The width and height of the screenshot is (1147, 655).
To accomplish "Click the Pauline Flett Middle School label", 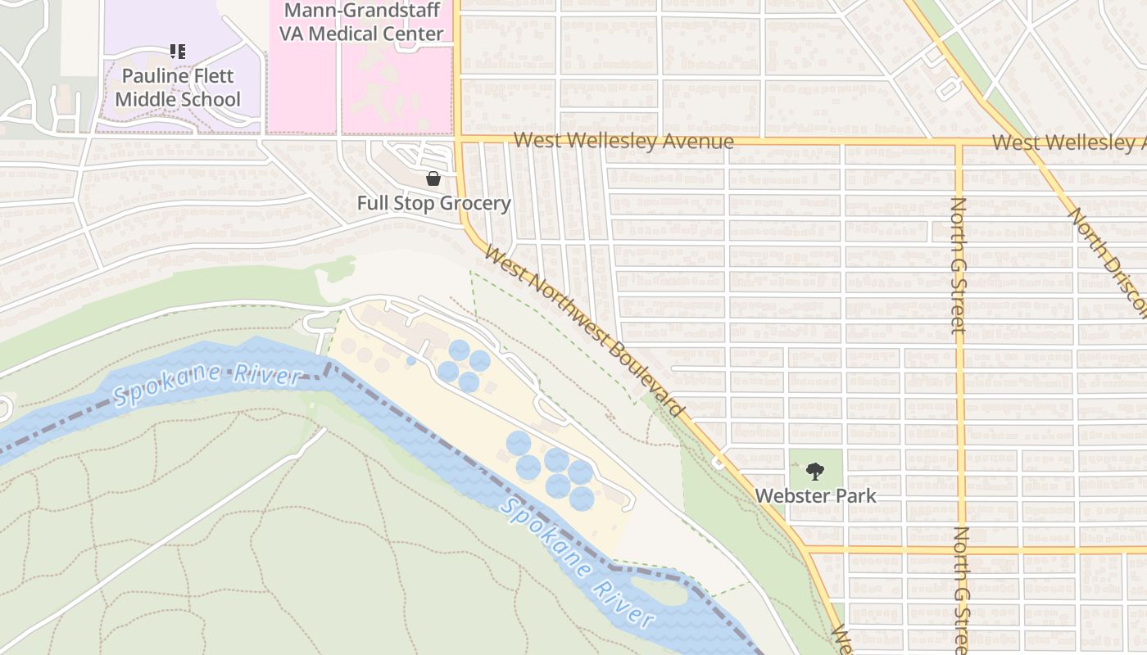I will click(x=178, y=88).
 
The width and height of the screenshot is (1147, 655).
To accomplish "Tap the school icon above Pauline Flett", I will click(x=178, y=52).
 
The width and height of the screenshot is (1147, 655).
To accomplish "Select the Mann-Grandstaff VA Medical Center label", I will click(x=361, y=22).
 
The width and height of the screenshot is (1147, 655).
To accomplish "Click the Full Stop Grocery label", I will click(x=433, y=203).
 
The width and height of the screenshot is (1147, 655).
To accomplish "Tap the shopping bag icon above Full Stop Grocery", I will click(x=433, y=178).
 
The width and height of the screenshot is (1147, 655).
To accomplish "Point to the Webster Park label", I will click(x=815, y=495).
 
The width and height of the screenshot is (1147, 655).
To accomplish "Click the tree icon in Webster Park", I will click(x=814, y=471).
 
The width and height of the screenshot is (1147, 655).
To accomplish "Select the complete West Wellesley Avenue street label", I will click(x=623, y=141).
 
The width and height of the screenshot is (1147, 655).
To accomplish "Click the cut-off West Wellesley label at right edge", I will click(x=1068, y=142).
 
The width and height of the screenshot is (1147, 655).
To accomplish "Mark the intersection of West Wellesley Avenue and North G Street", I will click(x=959, y=142).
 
